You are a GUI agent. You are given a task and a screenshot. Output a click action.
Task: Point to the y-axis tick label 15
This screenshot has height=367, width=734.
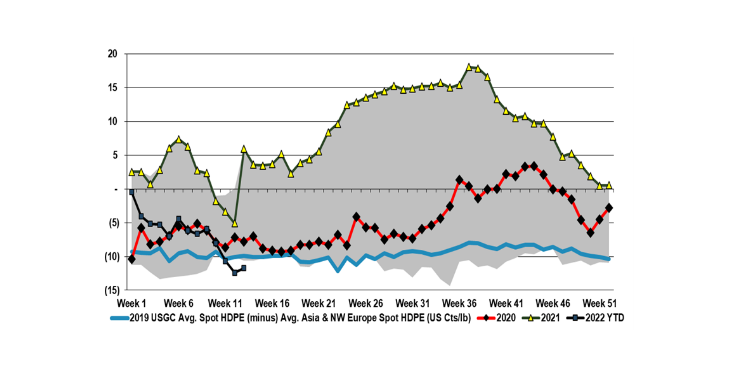pos(113,88)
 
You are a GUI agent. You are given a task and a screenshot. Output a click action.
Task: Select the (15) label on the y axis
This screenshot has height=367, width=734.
pos(112,290)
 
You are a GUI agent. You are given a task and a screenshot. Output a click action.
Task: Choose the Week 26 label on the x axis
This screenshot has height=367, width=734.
pos(366,303)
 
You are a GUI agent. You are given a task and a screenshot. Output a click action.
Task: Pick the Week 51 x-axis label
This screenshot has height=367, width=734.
pos(599,303)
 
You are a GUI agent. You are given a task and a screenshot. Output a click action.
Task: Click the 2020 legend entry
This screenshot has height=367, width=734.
pos(506,318)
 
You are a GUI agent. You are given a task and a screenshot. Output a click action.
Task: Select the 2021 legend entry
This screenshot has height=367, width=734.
pos(550,318)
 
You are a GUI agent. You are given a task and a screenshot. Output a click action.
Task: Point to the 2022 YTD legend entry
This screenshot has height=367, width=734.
pos(605,318)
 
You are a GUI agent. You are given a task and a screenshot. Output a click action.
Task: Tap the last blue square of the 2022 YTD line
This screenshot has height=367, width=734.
pos(244,268)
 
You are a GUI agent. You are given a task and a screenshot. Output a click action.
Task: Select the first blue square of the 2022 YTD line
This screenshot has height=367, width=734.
pos(132,192)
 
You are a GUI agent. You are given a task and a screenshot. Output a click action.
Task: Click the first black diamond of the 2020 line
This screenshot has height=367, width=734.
pos(132,259)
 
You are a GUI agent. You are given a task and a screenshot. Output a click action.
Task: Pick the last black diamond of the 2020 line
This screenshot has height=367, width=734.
pos(609,208)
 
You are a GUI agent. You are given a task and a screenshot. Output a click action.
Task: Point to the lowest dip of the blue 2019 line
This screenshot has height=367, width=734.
pos(338,271)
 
